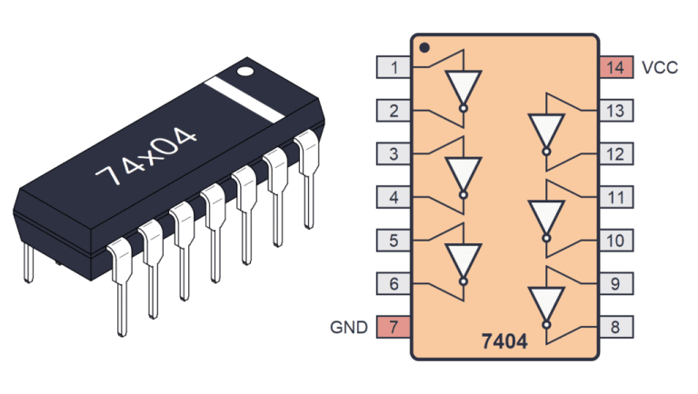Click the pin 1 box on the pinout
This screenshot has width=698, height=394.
point(394,67)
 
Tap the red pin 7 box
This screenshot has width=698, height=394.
point(394,328)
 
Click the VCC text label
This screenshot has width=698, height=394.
point(659,68)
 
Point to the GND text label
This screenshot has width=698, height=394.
point(350,328)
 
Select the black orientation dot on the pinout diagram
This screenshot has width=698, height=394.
point(424,47)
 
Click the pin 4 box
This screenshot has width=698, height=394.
point(394,198)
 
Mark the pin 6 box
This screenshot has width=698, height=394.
point(394,284)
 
